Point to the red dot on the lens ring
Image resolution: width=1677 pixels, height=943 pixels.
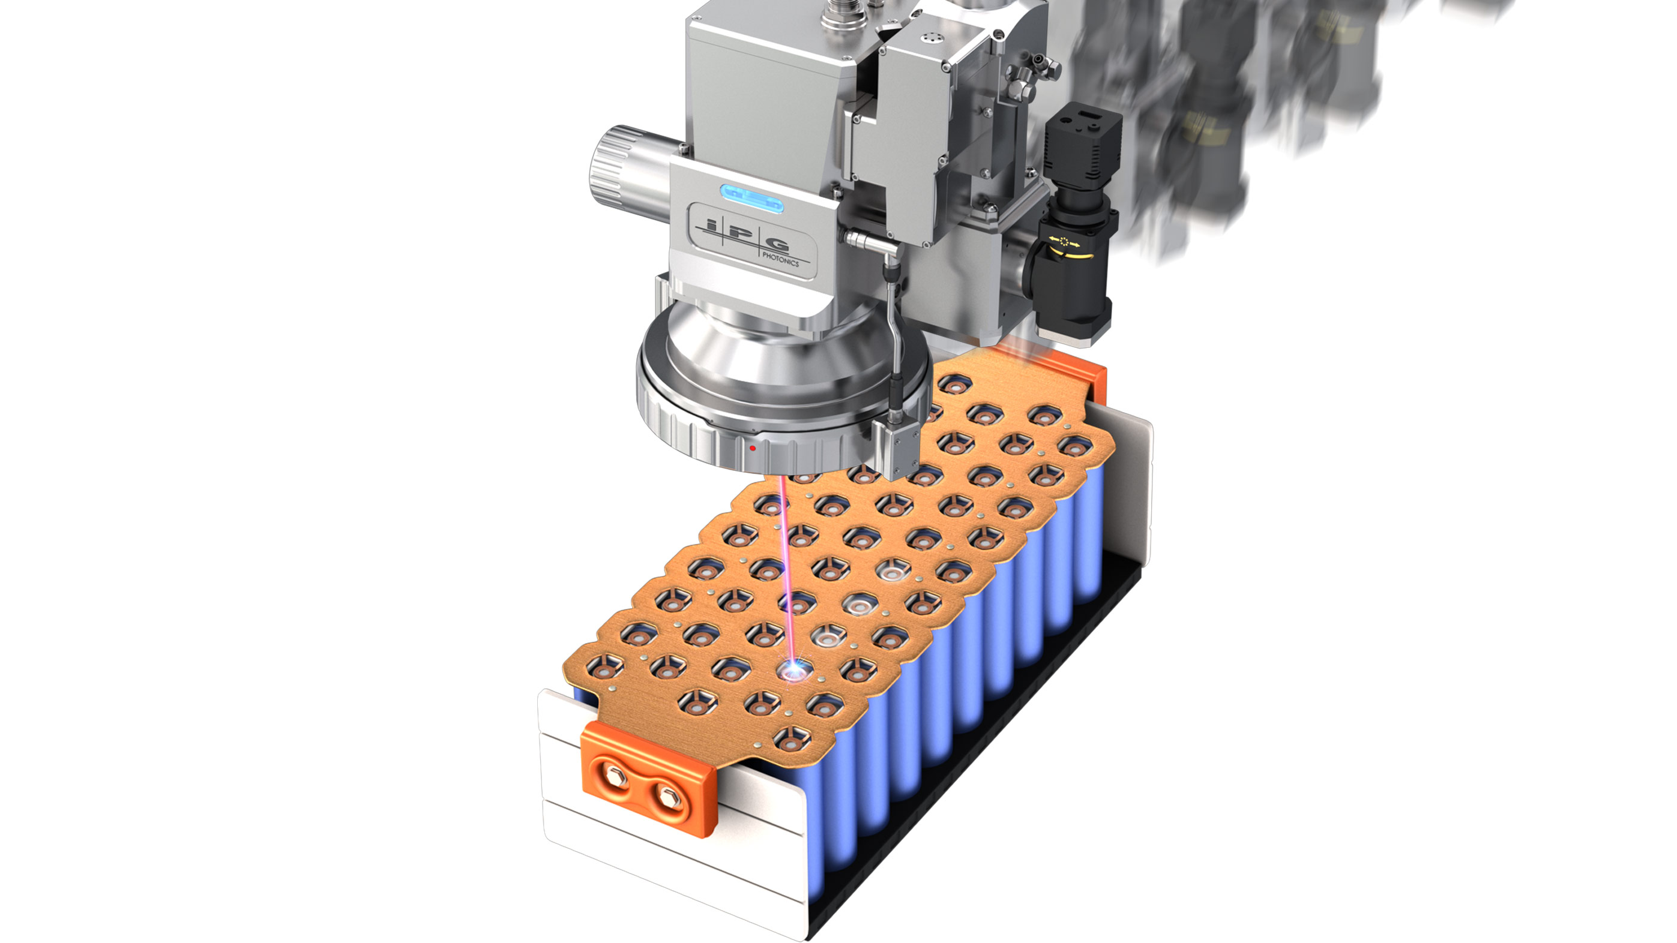tap(753, 448)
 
